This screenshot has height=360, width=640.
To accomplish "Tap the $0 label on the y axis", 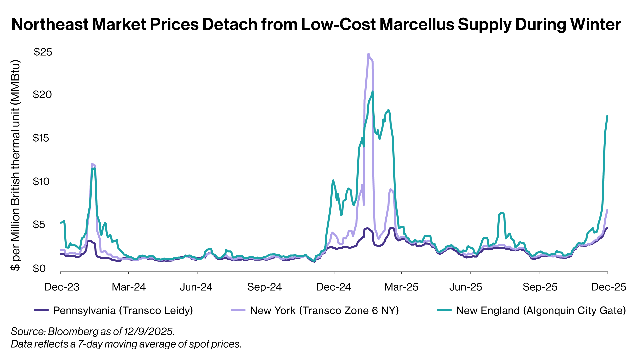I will (39, 268).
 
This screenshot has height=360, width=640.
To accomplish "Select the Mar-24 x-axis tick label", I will (129, 287).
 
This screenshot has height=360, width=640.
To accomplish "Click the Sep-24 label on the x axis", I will (264, 287).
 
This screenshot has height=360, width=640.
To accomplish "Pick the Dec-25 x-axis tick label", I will (609, 287).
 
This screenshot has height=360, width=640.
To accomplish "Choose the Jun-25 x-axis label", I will (466, 287).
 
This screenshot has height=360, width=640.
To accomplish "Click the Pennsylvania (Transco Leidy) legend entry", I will (123, 311).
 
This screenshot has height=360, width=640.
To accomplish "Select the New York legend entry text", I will (324, 311).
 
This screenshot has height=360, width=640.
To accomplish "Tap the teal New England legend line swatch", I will (444, 310).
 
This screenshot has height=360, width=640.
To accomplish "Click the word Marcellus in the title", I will (416, 25).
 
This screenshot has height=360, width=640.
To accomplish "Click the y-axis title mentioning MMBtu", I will (16, 165).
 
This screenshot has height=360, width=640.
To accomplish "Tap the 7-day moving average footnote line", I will (126, 344).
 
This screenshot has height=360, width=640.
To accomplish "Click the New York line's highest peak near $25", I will (368, 54).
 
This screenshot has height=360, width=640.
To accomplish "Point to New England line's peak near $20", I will (372, 92).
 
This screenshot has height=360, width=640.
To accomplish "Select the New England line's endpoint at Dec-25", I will (607, 116).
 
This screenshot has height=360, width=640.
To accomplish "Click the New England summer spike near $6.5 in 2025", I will (501, 213).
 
